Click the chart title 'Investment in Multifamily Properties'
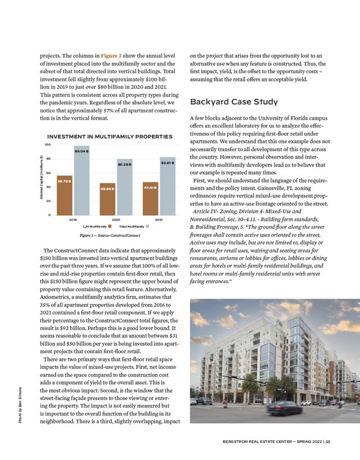(110, 137)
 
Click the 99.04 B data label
(82, 151)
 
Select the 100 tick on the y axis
(48, 145)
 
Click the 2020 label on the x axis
(116, 220)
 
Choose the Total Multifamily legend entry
(133, 226)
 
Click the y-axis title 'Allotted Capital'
(42, 180)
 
